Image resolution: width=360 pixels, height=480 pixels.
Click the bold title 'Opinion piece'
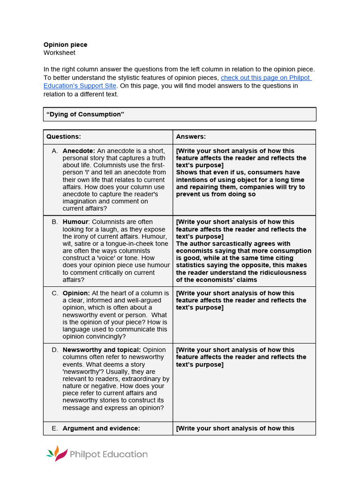pyautogui.click(x=65, y=45)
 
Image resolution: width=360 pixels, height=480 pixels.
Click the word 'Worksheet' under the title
pyautogui.click(x=60, y=53)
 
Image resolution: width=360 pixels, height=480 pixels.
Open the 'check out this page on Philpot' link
pyautogui.click(x=266, y=77)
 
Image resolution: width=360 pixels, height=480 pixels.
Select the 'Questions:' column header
pyautogui.click(x=63, y=136)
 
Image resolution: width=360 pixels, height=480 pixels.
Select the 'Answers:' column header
pyautogui.click(x=191, y=136)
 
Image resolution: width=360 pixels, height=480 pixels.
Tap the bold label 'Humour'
pyautogui.click(x=75, y=222)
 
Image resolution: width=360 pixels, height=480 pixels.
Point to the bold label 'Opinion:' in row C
pyautogui.click(x=76, y=293)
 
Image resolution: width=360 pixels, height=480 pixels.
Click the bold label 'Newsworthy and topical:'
pyautogui.click(x=101, y=350)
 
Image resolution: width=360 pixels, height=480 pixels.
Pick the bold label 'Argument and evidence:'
pyautogui.click(x=101, y=428)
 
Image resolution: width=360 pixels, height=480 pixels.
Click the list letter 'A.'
pyautogui.click(x=55, y=151)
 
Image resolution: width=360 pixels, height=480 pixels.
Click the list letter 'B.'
pyautogui.click(x=55, y=222)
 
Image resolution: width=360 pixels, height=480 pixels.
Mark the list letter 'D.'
pyautogui.click(x=55, y=350)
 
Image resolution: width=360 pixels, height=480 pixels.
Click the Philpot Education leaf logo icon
pyautogui.click(x=57, y=453)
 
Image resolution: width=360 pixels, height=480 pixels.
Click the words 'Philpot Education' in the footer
pyautogui.click(x=108, y=454)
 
